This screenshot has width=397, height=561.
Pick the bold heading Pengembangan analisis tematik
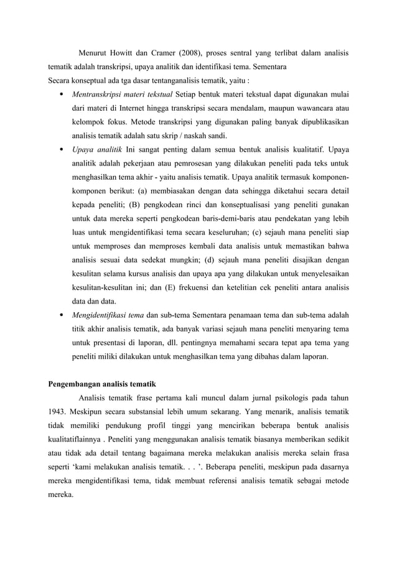(102, 382)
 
